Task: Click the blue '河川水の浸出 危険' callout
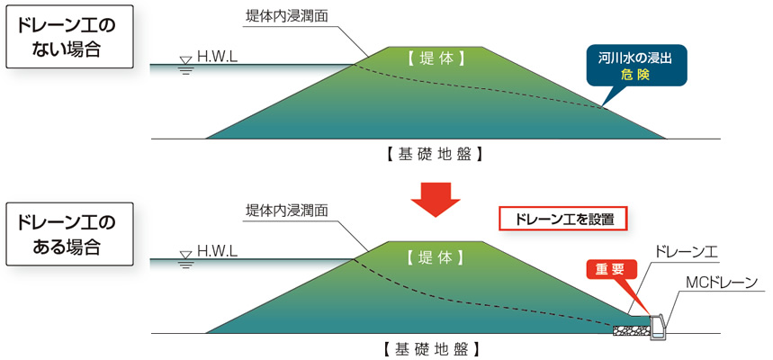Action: pos(634,67)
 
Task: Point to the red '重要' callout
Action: pos(612,269)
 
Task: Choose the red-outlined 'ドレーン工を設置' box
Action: pos(562,219)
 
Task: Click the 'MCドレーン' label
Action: pos(721,284)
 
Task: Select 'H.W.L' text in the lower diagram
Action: pos(217,253)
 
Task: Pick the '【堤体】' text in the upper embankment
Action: pos(436,60)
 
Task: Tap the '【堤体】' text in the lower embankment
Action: pos(436,256)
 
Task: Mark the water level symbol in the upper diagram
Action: pos(185,64)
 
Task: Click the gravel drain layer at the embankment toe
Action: pos(634,330)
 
